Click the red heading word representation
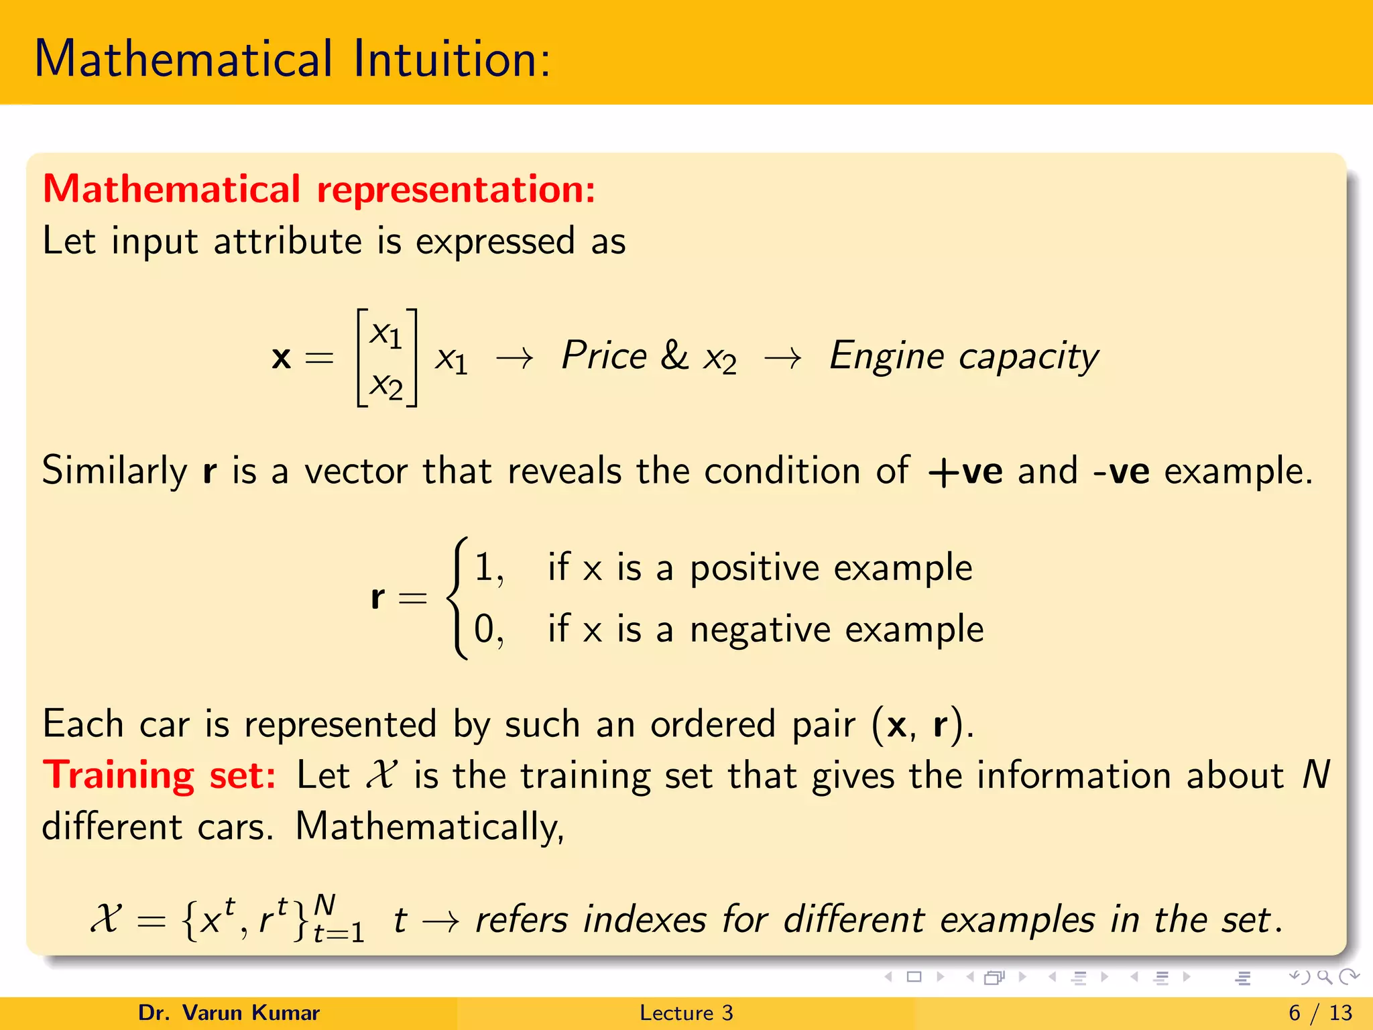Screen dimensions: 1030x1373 (456, 189)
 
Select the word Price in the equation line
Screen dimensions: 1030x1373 (603, 355)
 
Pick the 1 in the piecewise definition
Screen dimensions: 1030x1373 (484, 567)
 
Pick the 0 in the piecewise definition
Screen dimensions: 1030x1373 (484, 629)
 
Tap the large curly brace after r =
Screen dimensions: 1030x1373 (457, 598)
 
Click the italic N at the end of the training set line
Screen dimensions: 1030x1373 (1315, 775)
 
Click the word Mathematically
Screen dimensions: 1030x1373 (429, 826)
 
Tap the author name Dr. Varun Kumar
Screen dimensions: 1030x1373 (229, 1013)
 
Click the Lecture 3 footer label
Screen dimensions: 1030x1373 (686, 1013)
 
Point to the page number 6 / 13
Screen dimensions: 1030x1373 (1320, 1013)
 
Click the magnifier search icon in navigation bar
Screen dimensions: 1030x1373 (1324, 977)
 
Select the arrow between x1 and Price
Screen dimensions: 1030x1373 (514, 359)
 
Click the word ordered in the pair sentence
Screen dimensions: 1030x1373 (712, 725)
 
